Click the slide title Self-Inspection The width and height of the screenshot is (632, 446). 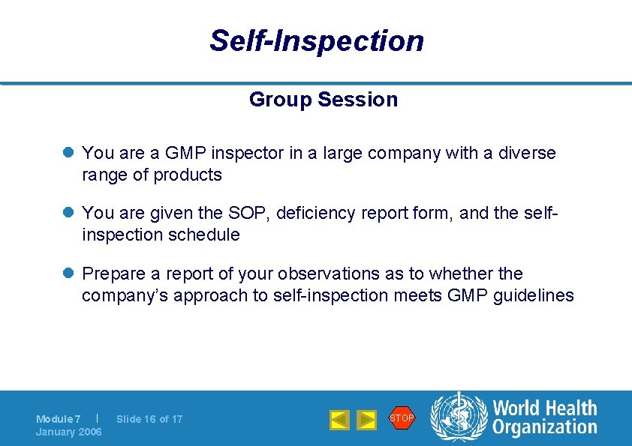[x=316, y=40]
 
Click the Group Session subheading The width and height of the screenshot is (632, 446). [x=323, y=99]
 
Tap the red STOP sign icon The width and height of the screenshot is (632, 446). [x=402, y=418]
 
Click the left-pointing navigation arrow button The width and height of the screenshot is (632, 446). [x=339, y=420]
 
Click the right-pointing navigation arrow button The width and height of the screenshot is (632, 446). [x=366, y=420]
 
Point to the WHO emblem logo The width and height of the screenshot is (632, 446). [x=459, y=418]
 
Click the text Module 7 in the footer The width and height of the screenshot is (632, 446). [x=59, y=419]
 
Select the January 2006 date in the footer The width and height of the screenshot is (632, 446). [x=68, y=432]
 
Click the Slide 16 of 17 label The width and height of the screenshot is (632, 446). [x=149, y=419]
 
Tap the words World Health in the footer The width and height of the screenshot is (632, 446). [x=544, y=409]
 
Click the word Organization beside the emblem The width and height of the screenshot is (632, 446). [x=544, y=428]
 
